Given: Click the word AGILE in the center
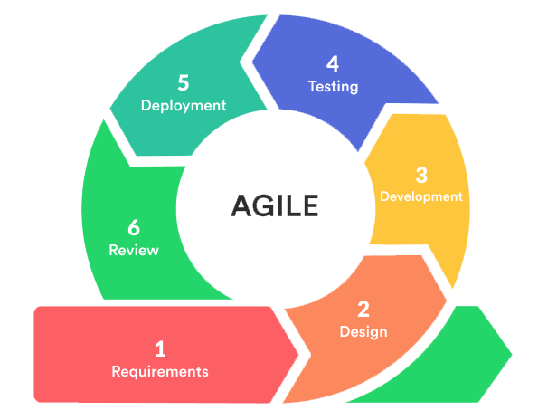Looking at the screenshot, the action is tap(275, 205).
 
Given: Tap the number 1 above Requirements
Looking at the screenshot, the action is tap(160, 348).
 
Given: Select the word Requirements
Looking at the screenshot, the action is tap(160, 372).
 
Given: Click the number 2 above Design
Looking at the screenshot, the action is tap(363, 309).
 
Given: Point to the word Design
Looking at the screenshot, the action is tap(363, 332).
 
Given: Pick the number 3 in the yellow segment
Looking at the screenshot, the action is tap(421, 175).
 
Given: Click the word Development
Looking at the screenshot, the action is tap(421, 196).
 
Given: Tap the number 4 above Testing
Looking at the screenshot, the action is tap(333, 63).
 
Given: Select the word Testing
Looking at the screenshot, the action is tap(333, 87).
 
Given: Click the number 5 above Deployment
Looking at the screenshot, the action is tap(184, 82).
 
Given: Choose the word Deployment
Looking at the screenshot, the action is tap(184, 106).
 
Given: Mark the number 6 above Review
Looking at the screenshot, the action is tap(134, 227).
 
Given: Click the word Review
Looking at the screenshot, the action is tap(134, 251).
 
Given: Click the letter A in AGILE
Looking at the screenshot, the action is tap(243, 205).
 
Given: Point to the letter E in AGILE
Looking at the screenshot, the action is tap(311, 205).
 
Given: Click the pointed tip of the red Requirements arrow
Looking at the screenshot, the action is tap(298, 354).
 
